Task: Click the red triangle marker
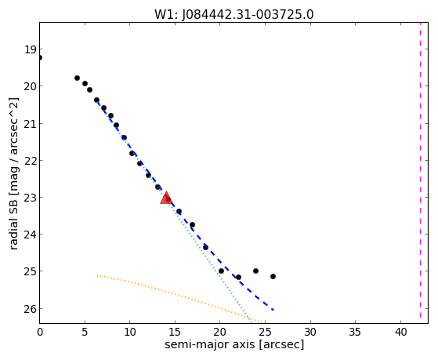[166, 198]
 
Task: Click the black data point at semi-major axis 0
[40, 57]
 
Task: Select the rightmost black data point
[273, 276]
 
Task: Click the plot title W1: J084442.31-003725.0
[234, 15]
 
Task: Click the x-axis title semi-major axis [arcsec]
[234, 344]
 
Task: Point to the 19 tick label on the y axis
[31, 49]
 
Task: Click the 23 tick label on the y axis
[31, 198]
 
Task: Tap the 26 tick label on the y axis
[31, 308]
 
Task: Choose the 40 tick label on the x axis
[401, 332]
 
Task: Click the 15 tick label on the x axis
[175, 332]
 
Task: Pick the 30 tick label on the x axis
[310, 332]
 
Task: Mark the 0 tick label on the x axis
[40, 332]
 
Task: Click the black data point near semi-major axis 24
[255, 271]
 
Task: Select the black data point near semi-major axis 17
[192, 224]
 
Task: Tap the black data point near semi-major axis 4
[77, 78]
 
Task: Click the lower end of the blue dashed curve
[273, 310]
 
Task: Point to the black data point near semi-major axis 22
[238, 277]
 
